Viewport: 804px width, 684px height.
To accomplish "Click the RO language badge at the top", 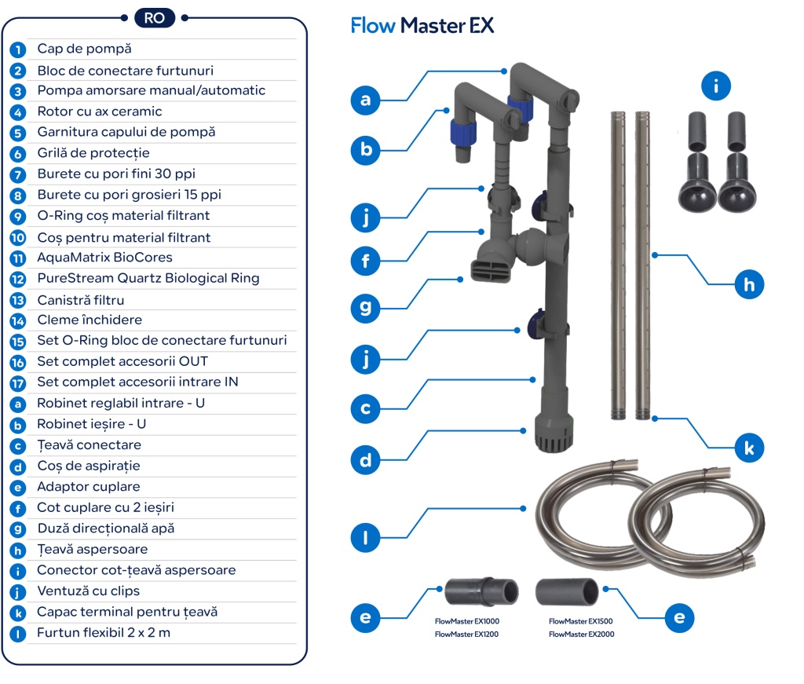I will pos(155,17).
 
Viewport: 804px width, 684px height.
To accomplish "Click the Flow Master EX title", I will pos(422,26).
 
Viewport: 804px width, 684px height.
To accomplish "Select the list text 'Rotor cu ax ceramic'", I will pos(100,112).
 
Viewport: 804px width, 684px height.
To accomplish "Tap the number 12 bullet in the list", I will pos(18,279).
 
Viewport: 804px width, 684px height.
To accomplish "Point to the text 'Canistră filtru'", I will pos(81,300).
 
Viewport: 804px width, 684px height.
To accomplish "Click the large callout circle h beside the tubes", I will pos(749,284).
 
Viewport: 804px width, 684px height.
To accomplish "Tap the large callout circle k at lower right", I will pos(749,448).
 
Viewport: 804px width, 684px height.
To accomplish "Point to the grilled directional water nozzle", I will pos(491,271).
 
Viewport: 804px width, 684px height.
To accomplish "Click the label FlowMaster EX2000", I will pos(581,634).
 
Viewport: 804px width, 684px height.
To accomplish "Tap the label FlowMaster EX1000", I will pos(467,621).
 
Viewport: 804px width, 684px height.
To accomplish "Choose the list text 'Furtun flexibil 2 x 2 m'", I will pos(104,633).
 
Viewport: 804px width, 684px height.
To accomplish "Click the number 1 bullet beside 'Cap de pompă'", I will pos(18,49).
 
